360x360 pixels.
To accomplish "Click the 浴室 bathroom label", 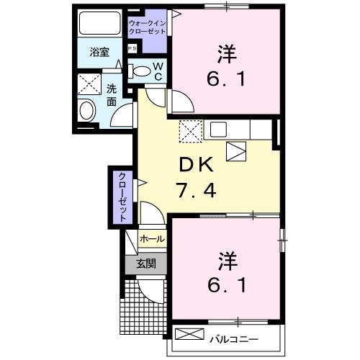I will pyautogui.click(x=99, y=53).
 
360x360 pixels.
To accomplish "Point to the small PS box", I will pyautogui.click(x=132, y=48).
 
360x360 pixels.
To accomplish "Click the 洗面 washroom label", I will pyautogui.click(x=112, y=95).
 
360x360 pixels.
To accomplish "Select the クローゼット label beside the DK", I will pyautogui.click(x=122, y=196).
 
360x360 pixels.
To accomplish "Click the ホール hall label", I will pyautogui.click(x=151, y=238).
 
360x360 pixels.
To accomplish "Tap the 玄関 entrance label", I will pyautogui.click(x=145, y=264).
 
